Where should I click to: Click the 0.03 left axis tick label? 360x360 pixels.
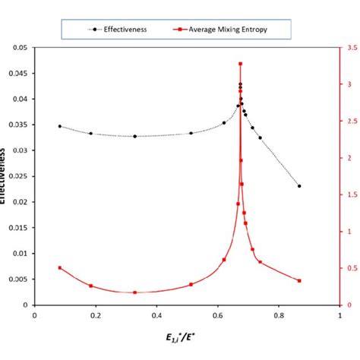[x=18, y=150]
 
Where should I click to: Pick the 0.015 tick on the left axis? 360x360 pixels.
[x=17, y=228]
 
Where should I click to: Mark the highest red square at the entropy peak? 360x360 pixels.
[x=241, y=64]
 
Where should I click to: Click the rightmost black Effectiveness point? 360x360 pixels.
[x=299, y=186]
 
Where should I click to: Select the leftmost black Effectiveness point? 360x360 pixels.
[x=60, y=126]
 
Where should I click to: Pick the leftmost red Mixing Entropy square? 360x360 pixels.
[x=60, y=267]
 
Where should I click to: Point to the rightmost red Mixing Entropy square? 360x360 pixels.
[x=299, y=280]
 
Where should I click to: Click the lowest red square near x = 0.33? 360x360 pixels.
[x=135, y=292]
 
